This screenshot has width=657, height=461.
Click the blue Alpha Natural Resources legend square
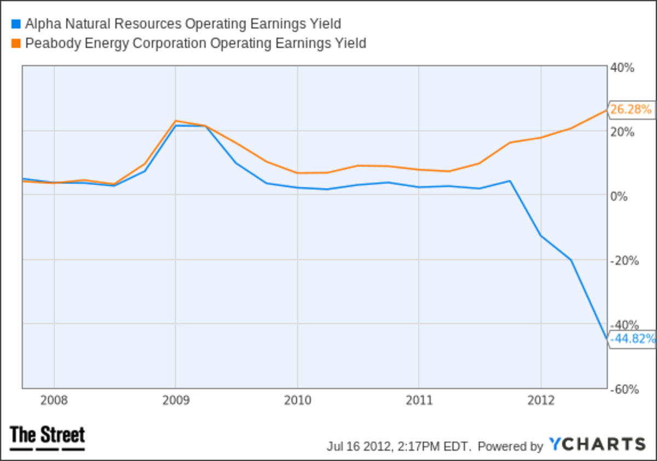[15, 24]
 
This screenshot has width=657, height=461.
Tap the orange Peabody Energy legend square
[15, 43]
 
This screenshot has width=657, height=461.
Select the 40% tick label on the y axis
[623, 68]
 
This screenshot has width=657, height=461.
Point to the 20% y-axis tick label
[623, 132]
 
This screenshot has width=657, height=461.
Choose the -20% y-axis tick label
[624, 260]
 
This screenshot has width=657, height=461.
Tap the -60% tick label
[624, 389]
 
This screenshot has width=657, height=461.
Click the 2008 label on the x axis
[54, 400]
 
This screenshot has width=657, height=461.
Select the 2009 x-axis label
[176, 400]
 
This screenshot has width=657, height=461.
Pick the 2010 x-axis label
[297, 400]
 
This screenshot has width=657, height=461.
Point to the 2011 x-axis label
[419, 400]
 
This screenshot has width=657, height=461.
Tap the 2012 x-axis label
[540, 400]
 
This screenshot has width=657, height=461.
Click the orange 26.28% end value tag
[631, 109]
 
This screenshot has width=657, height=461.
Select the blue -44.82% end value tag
[632, 339]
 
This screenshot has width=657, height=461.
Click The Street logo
[48, 437]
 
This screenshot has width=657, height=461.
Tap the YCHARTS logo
[597, 445]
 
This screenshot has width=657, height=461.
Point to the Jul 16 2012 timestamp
[399, 446]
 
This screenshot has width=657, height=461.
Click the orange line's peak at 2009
[175, 121]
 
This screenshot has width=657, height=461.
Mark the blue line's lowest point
[606, 339]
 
